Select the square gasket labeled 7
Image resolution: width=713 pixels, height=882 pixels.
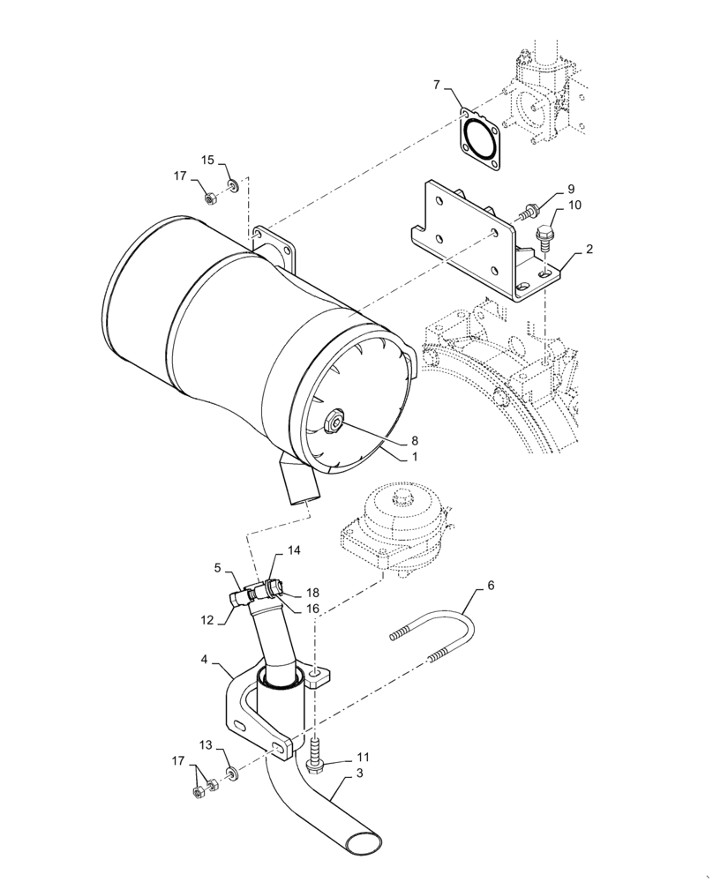[x=479, y=140]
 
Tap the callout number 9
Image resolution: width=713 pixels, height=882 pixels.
[x=570, y=189]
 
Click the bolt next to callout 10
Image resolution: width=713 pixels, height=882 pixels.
[x=544, y=235]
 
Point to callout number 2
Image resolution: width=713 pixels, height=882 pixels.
[x=589, y=249]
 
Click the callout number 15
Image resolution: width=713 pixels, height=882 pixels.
[x=207, y=160]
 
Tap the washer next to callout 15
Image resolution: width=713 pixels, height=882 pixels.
[x=234, y=186]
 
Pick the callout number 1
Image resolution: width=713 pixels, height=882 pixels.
[x=413, y=458]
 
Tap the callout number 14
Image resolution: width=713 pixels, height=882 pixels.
[x=294, y=549]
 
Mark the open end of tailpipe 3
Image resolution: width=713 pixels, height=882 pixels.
[x=364, y=841]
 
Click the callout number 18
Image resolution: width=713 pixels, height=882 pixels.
[x=313, y=593]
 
